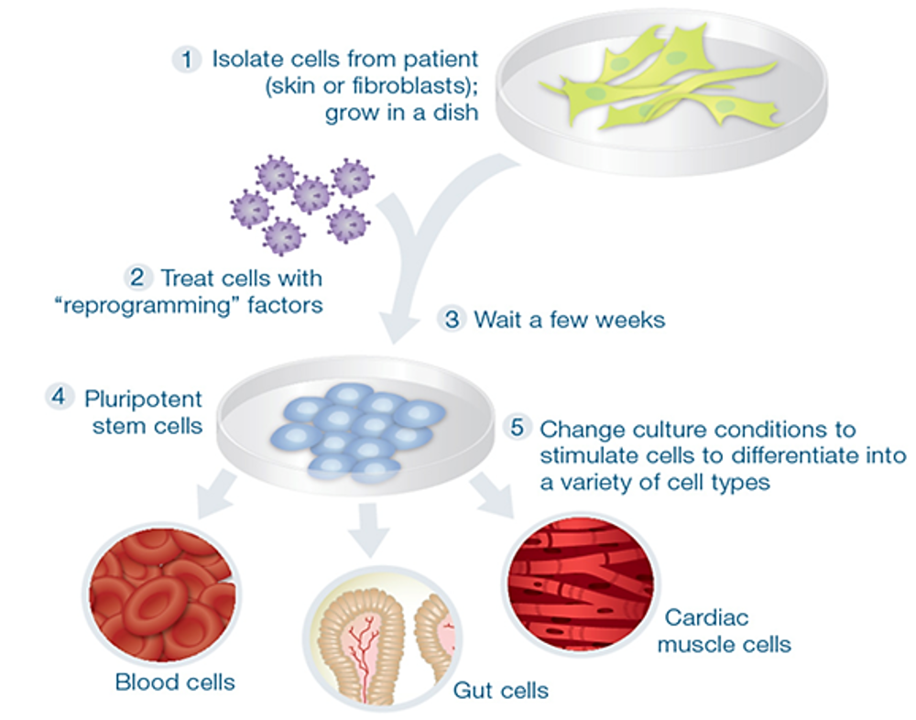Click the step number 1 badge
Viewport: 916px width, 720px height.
(x=187, y=60)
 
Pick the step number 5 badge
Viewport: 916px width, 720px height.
(x=518, y=429)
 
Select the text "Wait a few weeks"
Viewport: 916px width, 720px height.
(x=568, y=320)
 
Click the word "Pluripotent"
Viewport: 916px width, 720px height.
(x=143, y=399)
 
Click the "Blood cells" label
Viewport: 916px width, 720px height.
(x=175, y=682)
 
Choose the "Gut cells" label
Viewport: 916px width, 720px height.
(x=501, y=689)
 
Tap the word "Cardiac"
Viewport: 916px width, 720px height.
(x=706, y=617)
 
